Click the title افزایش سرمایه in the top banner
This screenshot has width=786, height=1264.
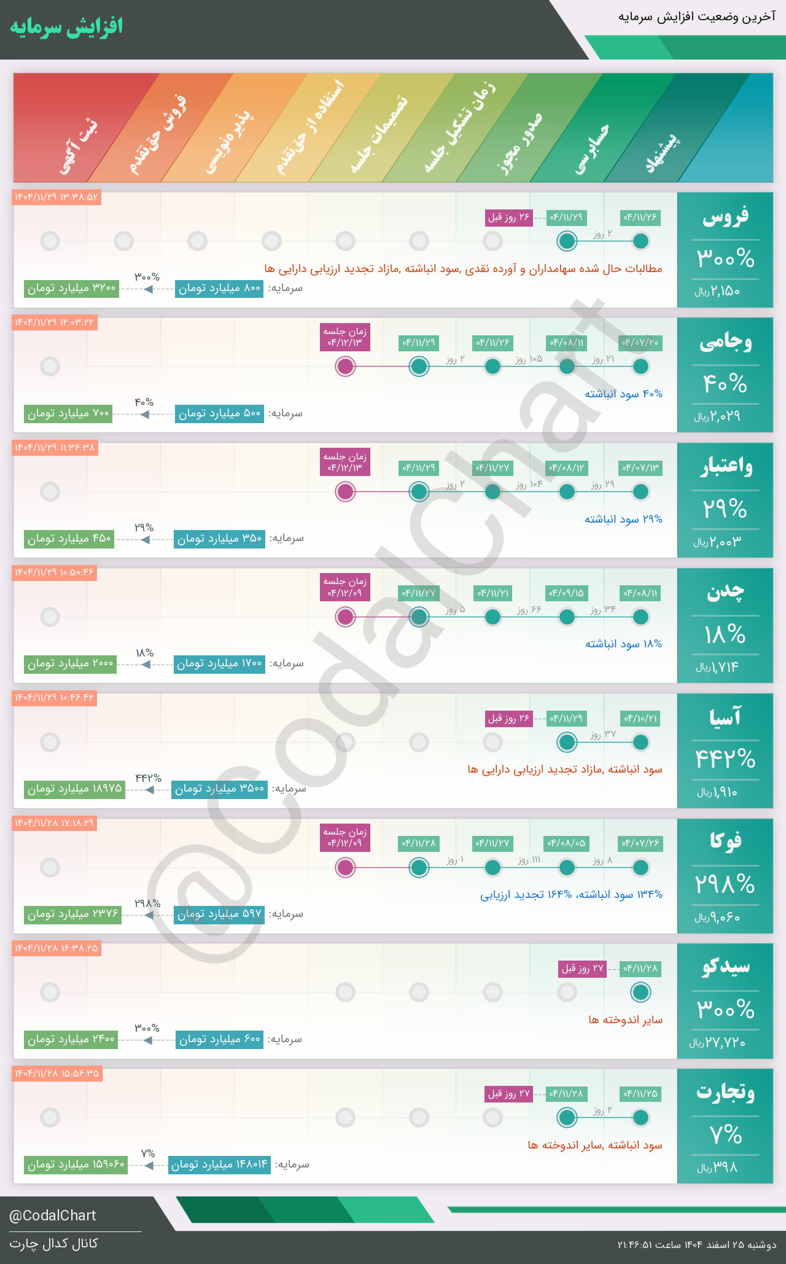pyautogui.click(x=66, y=28)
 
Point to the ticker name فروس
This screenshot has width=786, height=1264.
pyautogui.click(x=725, y=217)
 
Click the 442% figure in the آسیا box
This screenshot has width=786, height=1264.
pyautogui.click(x=725, y=759)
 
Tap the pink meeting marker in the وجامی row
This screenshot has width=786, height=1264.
pyautogui.click(x=346, y=367)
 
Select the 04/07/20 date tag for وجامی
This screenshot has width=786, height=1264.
pyautogui.click(x=640, y=343)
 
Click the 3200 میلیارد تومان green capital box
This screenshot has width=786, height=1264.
pyautogui.click(x=72, y=288)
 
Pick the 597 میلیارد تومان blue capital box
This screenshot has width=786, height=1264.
pyautogui.click(x=219, y=914)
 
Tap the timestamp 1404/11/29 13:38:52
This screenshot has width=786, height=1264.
pyautogui.click(x=56, y=198)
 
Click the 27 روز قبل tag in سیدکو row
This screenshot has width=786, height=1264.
pyautogui.click(x=583, y=969)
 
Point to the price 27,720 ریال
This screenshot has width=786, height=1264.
pyautogui.click(x=717, y=1043)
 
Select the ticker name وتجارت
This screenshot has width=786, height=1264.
pyautogui.click(x=725, y=1093)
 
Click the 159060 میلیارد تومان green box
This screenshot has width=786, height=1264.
pyautogui.click(x=76, y=1164)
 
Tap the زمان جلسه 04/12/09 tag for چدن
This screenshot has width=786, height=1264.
pyautogui.click(x=345, y=587)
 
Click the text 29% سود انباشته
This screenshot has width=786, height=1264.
pyautogui.click(x=623, y=519)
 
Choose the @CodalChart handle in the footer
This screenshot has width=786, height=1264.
pyautogui.click(x=53, y=1215)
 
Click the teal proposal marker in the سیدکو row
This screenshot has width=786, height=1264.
pyautogui.click(x=640, y=992)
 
